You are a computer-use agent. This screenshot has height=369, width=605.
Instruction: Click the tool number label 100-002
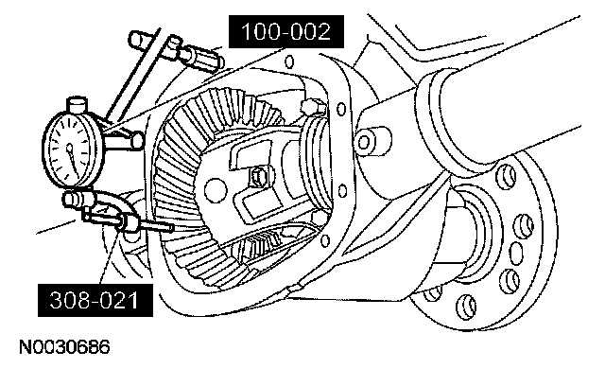coord(285,31)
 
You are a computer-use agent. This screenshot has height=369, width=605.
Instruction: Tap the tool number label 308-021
coord(95,300)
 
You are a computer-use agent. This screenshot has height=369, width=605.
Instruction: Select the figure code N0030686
coord(64,347)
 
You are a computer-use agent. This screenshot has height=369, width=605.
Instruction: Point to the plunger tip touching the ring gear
coord(170,229)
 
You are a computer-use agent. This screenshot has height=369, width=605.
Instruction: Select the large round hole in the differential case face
coord(215,188)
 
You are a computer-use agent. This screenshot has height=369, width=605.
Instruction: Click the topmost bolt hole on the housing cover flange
coord(289,61)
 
